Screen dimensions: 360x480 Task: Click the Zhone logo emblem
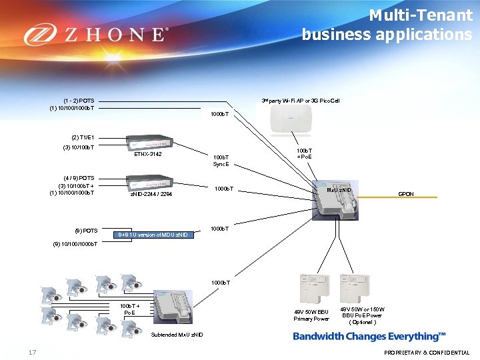(x=39, y=34)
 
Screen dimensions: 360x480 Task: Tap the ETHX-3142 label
(x=147, y=154)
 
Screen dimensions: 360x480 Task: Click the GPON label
(x=406, y=194)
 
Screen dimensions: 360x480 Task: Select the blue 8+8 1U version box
(x=153, y=234)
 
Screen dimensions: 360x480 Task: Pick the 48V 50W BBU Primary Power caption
(x=311, y=315)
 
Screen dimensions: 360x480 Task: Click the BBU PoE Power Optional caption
(x=363, y=315)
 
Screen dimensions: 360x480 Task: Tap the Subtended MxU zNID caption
(x=177, y=334)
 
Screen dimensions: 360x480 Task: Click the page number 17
(x=32, y=352)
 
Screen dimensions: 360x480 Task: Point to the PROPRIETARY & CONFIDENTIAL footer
(x=427, y=353)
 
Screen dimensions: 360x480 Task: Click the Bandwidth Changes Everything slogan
(x=369, y=337)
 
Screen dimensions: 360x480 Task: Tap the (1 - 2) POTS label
(x=79, y=100)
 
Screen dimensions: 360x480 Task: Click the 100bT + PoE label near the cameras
(x=129, y=309)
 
